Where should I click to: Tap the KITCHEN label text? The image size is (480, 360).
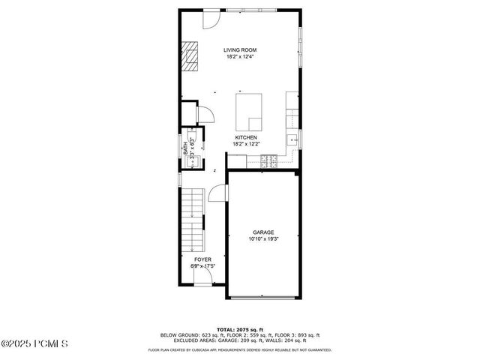click(246, 137)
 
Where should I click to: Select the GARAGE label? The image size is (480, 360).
click(262, 232)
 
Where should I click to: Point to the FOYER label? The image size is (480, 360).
click(202, 259)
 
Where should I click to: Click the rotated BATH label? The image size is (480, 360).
click(186, 149)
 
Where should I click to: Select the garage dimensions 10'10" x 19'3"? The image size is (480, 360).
click(262, 239)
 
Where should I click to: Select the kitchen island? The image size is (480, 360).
click(250, 112)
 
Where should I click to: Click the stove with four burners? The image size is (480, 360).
click(268, 159)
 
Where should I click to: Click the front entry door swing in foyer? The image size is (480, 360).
click(202, 278)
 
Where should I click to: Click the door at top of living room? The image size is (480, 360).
click(211, 19)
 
